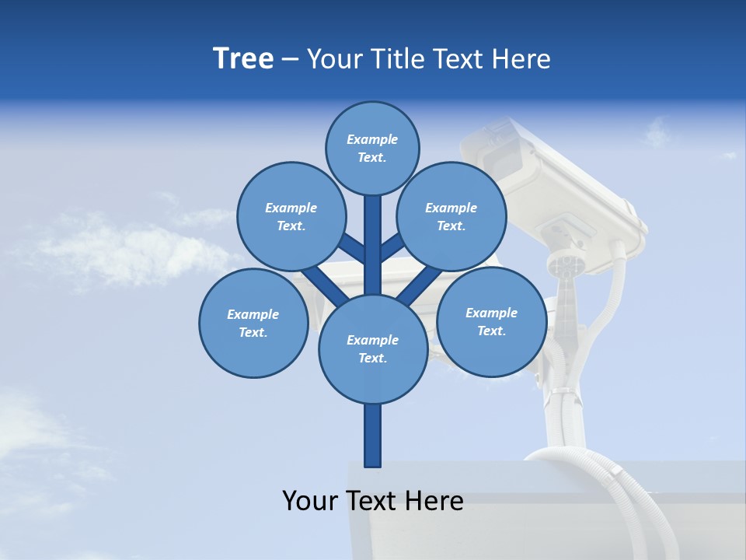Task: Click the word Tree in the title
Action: click(243, 59)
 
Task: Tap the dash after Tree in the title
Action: click(290, 60)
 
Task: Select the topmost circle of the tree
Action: click(372, 148)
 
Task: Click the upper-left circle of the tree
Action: click(291, 216)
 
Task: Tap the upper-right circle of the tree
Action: click(451, 216)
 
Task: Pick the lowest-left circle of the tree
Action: click(253, 323)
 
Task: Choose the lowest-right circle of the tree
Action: click(491, 321)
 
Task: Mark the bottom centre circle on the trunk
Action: click(373, 349)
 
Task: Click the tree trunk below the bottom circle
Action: click(373, 436)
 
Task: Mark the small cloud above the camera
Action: click(657, 132)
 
